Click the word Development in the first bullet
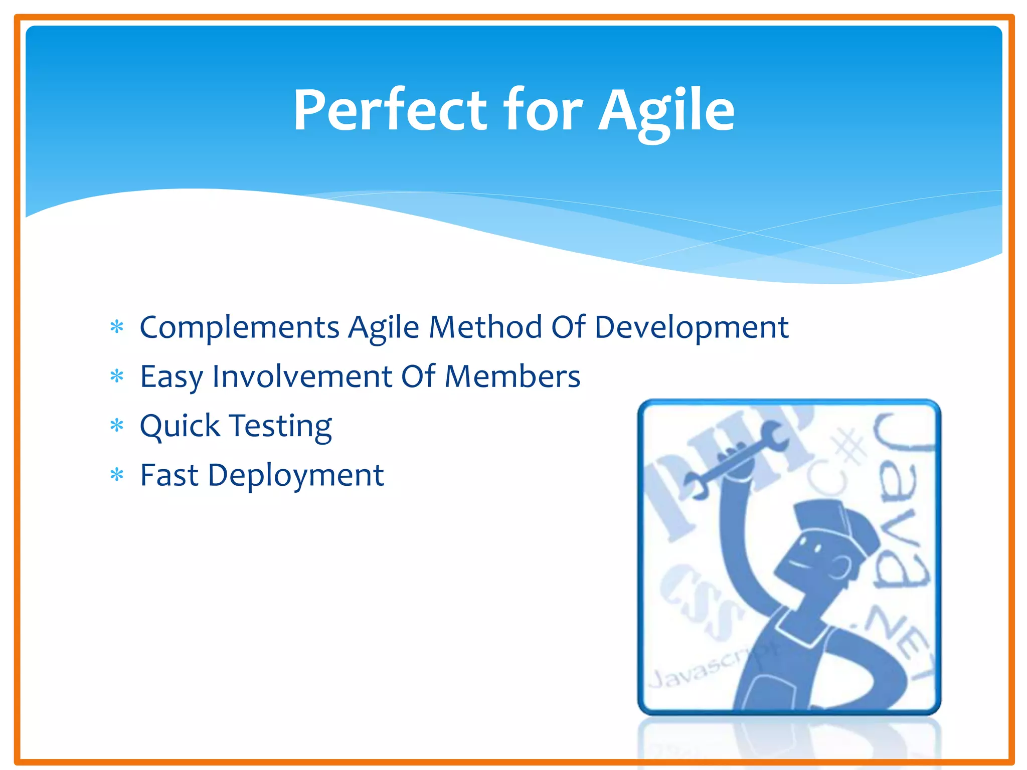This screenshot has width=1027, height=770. pos(692,328)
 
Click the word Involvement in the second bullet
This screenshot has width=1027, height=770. pos(302,376)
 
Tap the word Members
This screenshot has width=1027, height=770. pos(512,376)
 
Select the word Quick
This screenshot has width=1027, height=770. pos(180,426)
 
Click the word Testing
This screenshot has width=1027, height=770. pos(281,427)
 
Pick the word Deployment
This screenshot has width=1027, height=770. pos(296,476)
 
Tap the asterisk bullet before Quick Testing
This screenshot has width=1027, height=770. pos(117,426)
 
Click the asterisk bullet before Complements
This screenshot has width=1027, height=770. pos(117,327)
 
